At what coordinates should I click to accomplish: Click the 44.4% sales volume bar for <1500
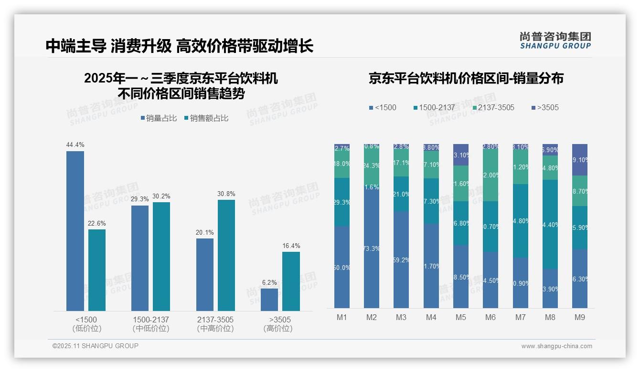[x=75, y=231]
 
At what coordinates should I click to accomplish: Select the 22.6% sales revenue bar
[x=97, y=270]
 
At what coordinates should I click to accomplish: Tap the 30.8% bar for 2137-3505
[x=226, y=255]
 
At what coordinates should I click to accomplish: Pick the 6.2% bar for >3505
[x=269, y=300]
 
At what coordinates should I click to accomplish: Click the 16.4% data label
[x=291, y=246]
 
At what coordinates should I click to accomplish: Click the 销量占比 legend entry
[x=158, y=118]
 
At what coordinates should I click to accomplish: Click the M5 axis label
[x=461, y=317]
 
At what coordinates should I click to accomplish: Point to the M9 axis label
[x=579, y=317]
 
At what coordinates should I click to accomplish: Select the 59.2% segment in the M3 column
[x=401, y=260]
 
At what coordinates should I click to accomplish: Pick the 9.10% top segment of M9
[x=579, y=160]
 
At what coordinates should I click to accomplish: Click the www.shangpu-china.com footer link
[x=556, y=346]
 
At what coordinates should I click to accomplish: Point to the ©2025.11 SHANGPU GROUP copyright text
[x=95, y=346]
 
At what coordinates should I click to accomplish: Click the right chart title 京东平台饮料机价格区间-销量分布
[x=466, y=78]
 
